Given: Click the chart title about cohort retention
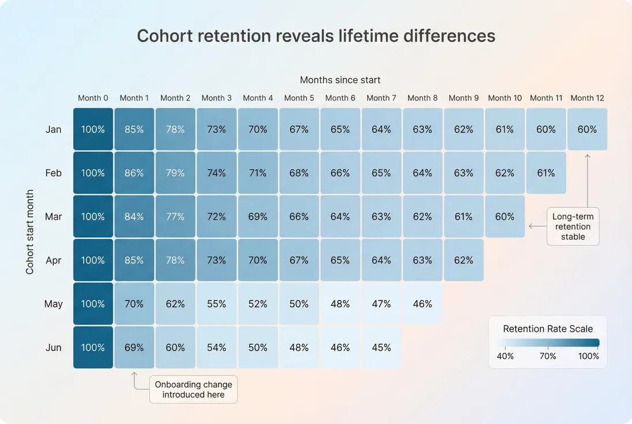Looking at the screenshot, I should tap(316, 36).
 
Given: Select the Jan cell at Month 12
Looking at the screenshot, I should tap(587, 130).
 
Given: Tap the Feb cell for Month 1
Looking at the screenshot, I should tap(134, 173).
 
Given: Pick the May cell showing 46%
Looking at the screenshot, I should tap(422, 304).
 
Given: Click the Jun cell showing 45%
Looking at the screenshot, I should tap(381, 348).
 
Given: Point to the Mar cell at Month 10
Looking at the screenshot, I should tap(505, 217).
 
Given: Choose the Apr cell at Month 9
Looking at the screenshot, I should tap(464, 260).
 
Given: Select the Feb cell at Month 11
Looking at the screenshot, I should tap(546, 173).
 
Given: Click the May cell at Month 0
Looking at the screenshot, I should tap(93, 304).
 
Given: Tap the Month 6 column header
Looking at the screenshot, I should tap(340, 98).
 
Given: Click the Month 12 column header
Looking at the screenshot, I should tap(587, 98).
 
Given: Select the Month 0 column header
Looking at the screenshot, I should tap(93, 98).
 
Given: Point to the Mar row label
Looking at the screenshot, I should tap(54, 217).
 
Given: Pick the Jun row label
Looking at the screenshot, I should tap(54, 348).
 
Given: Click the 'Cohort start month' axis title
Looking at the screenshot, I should tap(30, 231).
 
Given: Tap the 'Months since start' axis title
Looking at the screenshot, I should tap(340, 80).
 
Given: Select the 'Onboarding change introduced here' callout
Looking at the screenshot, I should tap(193, 389).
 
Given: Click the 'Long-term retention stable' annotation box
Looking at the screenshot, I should tap(573, 227).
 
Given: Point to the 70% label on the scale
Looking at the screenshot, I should tap(547, 357).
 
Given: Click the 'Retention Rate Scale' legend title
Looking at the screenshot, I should tap(547, 329).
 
